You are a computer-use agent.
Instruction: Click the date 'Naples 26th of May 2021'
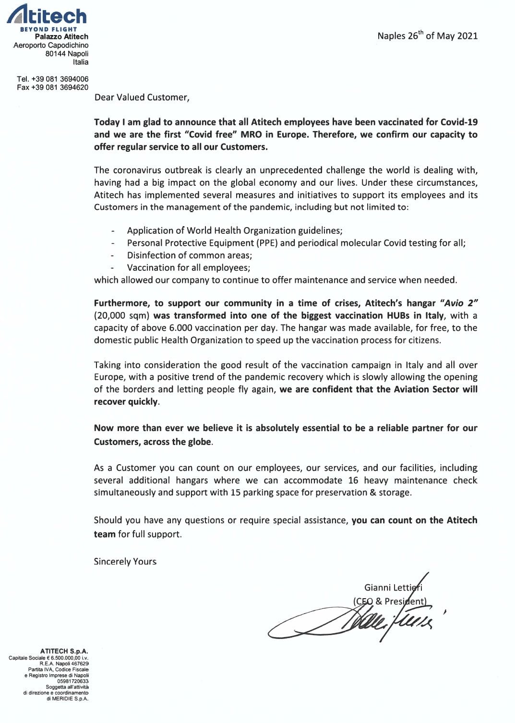(427, 36)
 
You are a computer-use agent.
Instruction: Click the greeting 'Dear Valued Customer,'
(142, 97)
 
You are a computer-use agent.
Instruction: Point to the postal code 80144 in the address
(56, 54)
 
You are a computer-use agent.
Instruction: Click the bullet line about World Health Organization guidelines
(234, 230)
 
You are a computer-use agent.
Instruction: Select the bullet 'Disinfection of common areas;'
(189, 255)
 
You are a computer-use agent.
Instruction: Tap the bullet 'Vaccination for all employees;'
(188, 268)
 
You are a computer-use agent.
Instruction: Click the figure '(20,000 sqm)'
(122, 316)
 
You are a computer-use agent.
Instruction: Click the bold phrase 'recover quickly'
(126, 402)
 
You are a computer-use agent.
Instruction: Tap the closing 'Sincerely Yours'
(125, 562)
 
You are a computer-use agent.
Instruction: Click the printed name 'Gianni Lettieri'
(393, 588)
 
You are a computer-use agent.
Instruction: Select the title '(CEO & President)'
(389, 601)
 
